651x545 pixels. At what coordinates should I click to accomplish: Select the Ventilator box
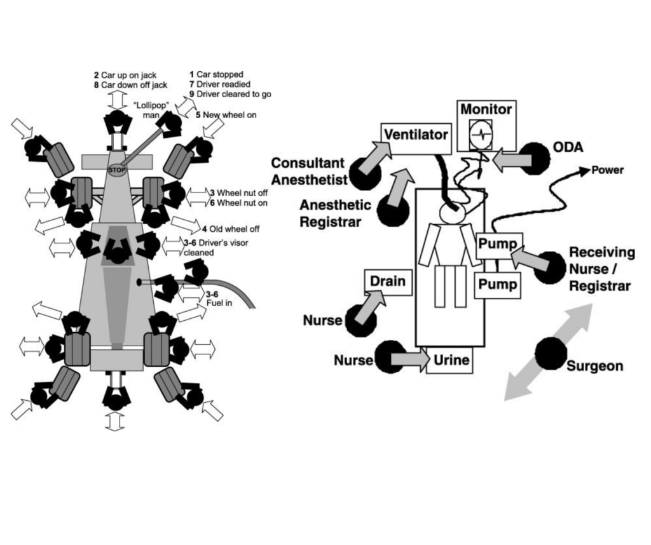tap(416, 135)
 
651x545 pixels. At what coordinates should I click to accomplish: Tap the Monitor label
tap(486, 109)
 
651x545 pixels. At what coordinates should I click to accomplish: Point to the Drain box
tap(387, 281)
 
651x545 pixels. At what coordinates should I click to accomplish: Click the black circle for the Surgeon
tap(551, 354)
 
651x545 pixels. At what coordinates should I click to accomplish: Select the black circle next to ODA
tap(534, 158)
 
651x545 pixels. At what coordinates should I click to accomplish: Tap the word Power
tap(608, 170)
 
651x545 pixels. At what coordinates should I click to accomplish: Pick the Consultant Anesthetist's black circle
tap(365, 173)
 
